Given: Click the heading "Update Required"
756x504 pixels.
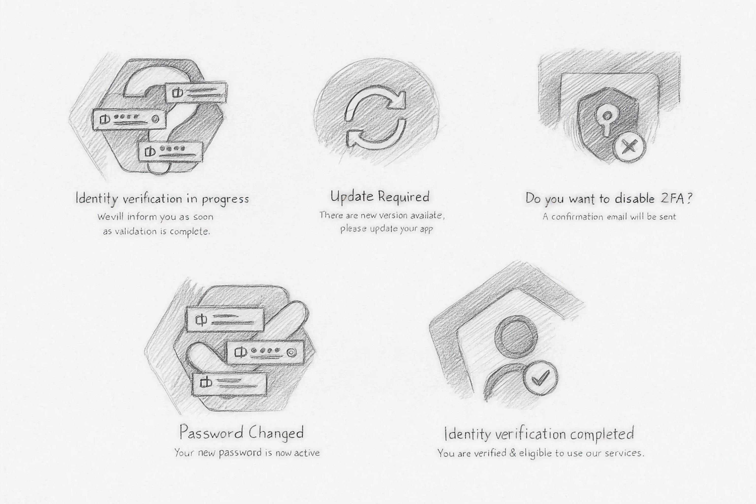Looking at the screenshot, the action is (x=380, y=197).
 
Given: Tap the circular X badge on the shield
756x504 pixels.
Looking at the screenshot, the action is (x=629, y=147).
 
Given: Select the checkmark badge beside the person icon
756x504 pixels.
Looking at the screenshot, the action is (x=541, y=378).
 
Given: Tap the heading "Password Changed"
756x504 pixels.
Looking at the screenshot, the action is (x=241, y=433).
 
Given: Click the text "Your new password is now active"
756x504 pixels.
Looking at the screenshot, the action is (x=247, y=453).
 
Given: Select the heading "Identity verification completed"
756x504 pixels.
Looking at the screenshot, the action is (x=539, y=434).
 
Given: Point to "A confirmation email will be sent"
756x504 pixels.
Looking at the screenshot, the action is (x=609, y=217).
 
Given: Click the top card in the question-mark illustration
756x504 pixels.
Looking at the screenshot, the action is (x=196, y=93).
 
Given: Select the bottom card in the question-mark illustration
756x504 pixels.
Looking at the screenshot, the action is (x=171, y=152).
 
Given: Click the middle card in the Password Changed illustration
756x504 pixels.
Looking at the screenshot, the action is (x=266, y=353).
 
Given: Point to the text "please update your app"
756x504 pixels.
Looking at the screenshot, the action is (x=386, y=229).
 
